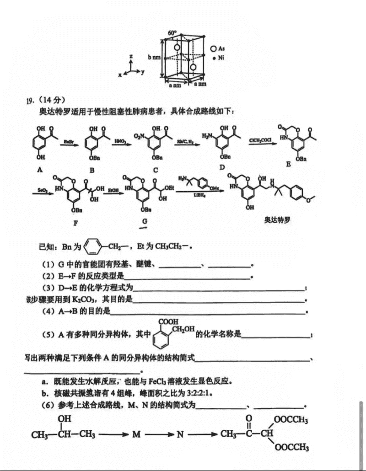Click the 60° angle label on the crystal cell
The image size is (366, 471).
[x=172, y=33]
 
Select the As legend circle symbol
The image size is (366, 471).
[x=214, y=48]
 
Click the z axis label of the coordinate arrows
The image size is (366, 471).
[x=131, y=56]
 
